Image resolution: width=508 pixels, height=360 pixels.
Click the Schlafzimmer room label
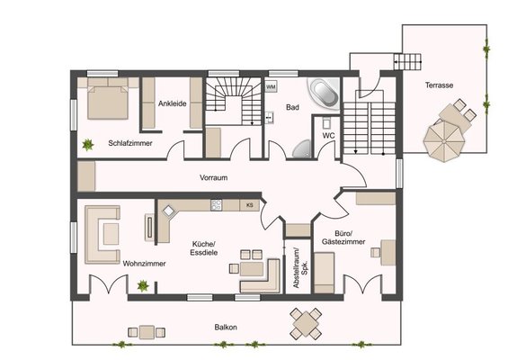click(130, 143)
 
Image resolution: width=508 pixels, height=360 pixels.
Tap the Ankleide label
click(173, 103)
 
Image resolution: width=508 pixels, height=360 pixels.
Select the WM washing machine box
click(271, 87)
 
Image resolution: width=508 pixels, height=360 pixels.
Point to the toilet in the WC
click(326, 123)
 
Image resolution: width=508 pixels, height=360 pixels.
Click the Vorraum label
click(213, 177)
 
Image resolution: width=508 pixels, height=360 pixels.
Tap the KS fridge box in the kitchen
click(249, 205)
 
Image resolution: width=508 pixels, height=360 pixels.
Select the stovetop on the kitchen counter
click(216, 205)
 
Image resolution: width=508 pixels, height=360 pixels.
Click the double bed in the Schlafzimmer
click(108, 99)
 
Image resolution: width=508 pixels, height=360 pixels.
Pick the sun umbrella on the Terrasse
click(444, 141)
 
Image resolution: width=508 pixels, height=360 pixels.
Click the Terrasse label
click(439, 85)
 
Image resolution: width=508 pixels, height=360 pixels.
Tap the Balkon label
click(226, 328)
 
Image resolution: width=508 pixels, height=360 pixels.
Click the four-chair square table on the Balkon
click(306, 323)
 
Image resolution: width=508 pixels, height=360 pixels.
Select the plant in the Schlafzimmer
click(87, 145)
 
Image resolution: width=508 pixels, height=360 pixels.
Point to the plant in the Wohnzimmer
click(143, 286)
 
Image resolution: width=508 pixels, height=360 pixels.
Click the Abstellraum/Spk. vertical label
click(299, 268)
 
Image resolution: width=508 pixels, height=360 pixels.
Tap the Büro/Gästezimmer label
click(343, 238)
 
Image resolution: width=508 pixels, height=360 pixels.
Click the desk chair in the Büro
click(375, 252)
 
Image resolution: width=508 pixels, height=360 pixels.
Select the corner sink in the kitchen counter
click(168, 211)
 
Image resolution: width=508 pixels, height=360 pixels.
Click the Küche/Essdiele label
click(204, 248)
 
